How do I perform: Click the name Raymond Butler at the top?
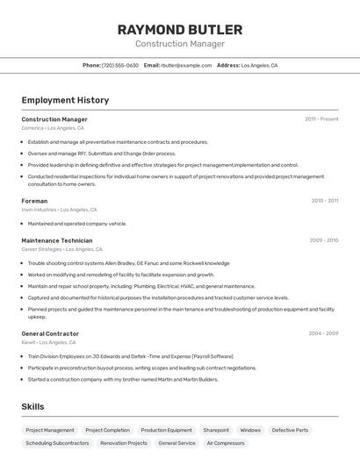point(180,29)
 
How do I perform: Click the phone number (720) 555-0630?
point(120,65)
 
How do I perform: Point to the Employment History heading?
point(65,100)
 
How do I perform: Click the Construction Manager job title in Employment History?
point(54,119)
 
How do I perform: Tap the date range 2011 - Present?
point(321,119)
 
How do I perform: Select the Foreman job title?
point(34,201)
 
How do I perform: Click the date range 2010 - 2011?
point(325,201)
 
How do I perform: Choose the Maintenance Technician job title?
point(56,240)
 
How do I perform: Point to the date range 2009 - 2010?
point(324,240)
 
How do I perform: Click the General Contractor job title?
point(50,333)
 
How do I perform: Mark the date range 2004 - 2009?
point(323,333)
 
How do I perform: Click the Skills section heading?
point(32,407)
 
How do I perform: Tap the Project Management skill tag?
point(50,431)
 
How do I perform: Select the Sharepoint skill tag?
point(216,431)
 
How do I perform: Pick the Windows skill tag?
point(250,431)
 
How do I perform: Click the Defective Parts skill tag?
point(290,431)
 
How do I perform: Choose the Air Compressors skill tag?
point(226,444)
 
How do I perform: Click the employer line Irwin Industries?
point(39,210)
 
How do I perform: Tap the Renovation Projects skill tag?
point(124,444)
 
